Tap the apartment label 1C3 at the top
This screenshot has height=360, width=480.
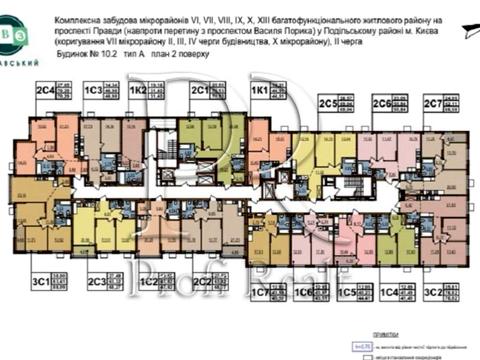click(x=94, y=90)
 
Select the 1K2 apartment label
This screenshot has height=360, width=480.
click(x=138, y=90)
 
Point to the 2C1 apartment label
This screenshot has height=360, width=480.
click(x=199, y=90)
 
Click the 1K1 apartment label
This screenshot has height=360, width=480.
click(x=258, y=90)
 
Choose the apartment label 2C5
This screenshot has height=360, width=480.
click(x=326, y=103)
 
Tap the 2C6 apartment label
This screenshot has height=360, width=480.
click(x=380, y=103)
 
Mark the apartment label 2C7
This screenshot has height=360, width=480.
click(x=432, y=103)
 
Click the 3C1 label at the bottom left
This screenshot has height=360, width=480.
click(x=41, y=282)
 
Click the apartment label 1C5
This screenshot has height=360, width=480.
click(x=347, y=293)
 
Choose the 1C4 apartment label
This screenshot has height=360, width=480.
click(x=389, y=293)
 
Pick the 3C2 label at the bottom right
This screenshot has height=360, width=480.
click(x=432, y=293)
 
